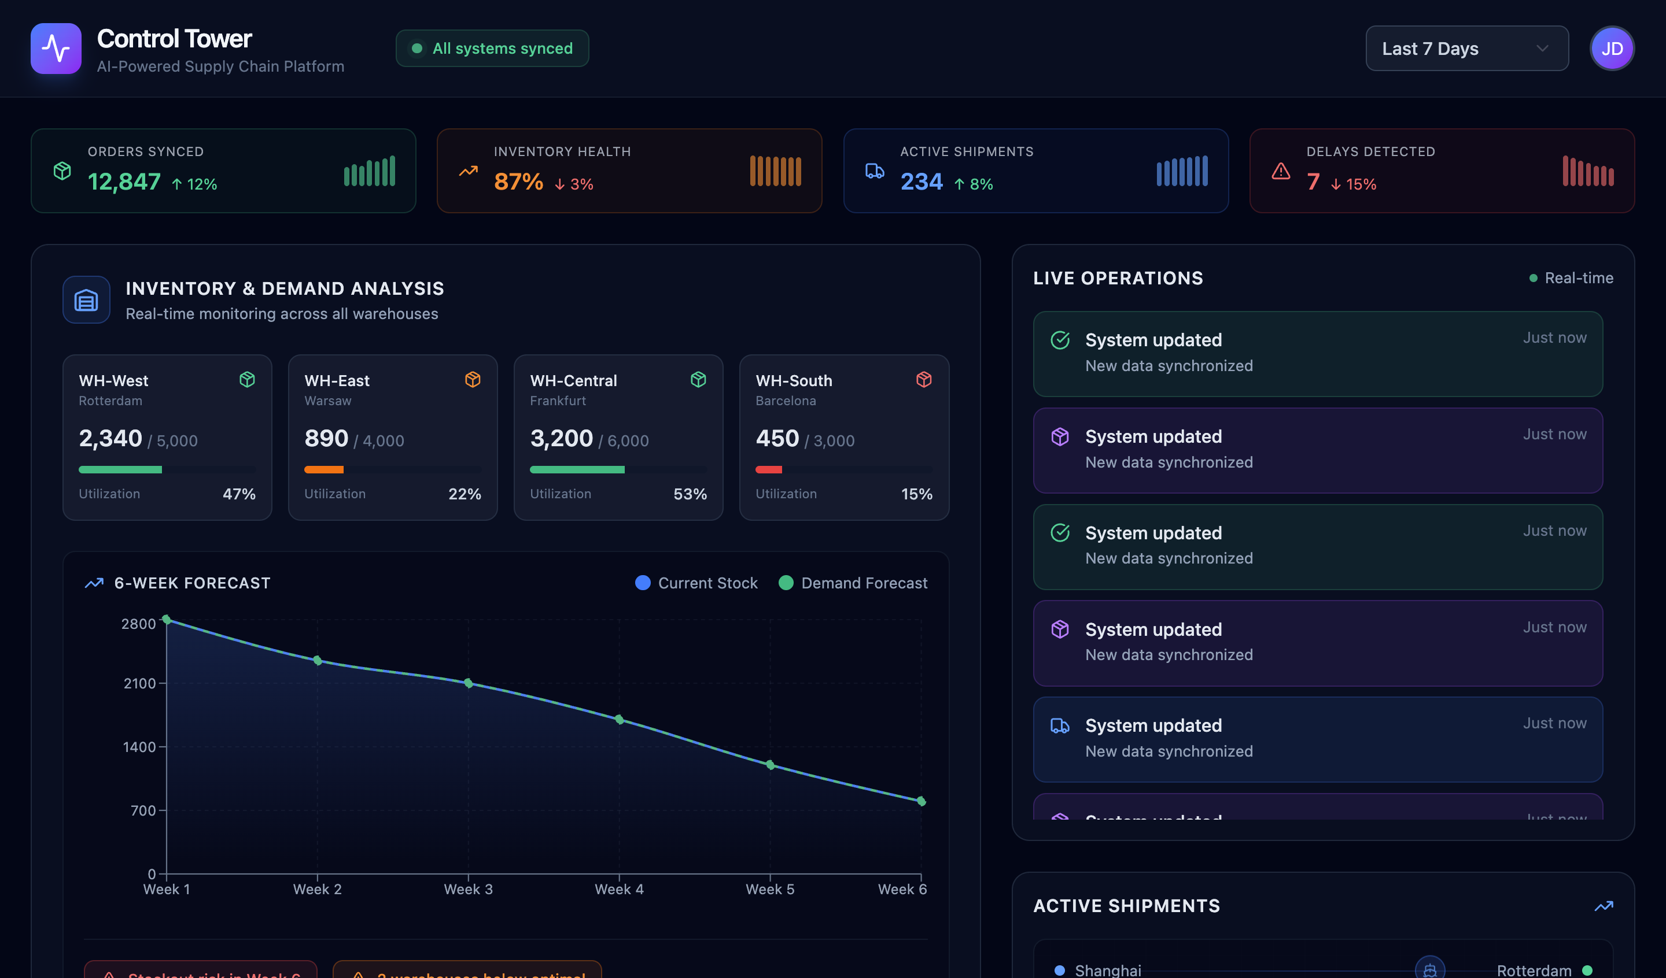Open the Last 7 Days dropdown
pyautogui.click(x=1466, y=48)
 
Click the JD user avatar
pyautogui.click(x=1611, y=48)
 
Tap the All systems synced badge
pyautogui.click(x=492, y=48)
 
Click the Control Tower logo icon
pyautogui.click(x=56, y=48)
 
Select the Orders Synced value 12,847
pyautogui.click(x=124, y=181)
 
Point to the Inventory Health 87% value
pyautogui.click(x=518, y=181)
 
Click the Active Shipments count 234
pyautogui.click(x=921, y=181)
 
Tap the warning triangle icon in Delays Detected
pyautogui.click(x=1281, y=171)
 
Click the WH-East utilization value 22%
pyautogui.click(x=464, y=494)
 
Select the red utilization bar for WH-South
pyautogui.click(x=768, y=469)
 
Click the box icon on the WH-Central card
pyautogui.click(x=698, y=379)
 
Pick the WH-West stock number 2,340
pyautogui.click(x=110, y=438)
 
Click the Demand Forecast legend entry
pyautogui.click(x=853, y=583)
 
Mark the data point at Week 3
pyautogui.click(x=468, y=683)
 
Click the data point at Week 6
pyautogui.click(x=921, y=801)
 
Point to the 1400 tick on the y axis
pyautogui.click(x=139, y=747)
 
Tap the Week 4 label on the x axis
pyautogui.click(x=619, y=889)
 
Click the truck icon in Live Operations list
pyautogui.click(x=1060, y=725)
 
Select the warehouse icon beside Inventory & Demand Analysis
pyautogui.click(x=86, y=300)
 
